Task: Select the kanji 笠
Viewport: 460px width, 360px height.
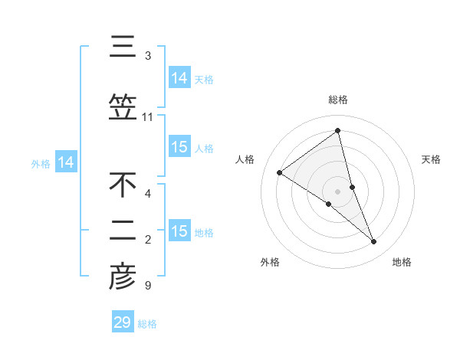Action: pos(123,107)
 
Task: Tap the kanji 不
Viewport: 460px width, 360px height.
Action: pos(123,185)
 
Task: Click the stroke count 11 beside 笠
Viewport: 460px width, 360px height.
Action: pos(148,117)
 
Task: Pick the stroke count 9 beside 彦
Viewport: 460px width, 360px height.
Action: pos(147,286)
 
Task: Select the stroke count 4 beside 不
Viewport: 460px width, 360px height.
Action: pos(148,193)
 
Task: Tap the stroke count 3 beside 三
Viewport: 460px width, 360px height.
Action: pos(148,56)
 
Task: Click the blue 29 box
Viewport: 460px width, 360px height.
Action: pos(123,322)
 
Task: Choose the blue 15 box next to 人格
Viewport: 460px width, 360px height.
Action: pos(179,147)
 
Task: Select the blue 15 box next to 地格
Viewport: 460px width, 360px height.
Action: pos(179,231)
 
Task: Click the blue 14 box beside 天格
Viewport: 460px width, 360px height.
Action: pos(179,78)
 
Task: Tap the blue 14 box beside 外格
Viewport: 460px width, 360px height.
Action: pos(66,162)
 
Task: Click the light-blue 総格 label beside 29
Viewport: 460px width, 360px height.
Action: pos(147,324)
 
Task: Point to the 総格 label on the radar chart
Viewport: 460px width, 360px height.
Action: pos(338,100)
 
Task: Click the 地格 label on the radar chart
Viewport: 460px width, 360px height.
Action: pos(402,262)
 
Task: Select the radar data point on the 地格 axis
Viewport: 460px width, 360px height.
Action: pos(374,242)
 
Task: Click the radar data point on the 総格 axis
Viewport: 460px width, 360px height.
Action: pos(338,131)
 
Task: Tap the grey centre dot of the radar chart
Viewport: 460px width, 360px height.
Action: pos(338,190)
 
